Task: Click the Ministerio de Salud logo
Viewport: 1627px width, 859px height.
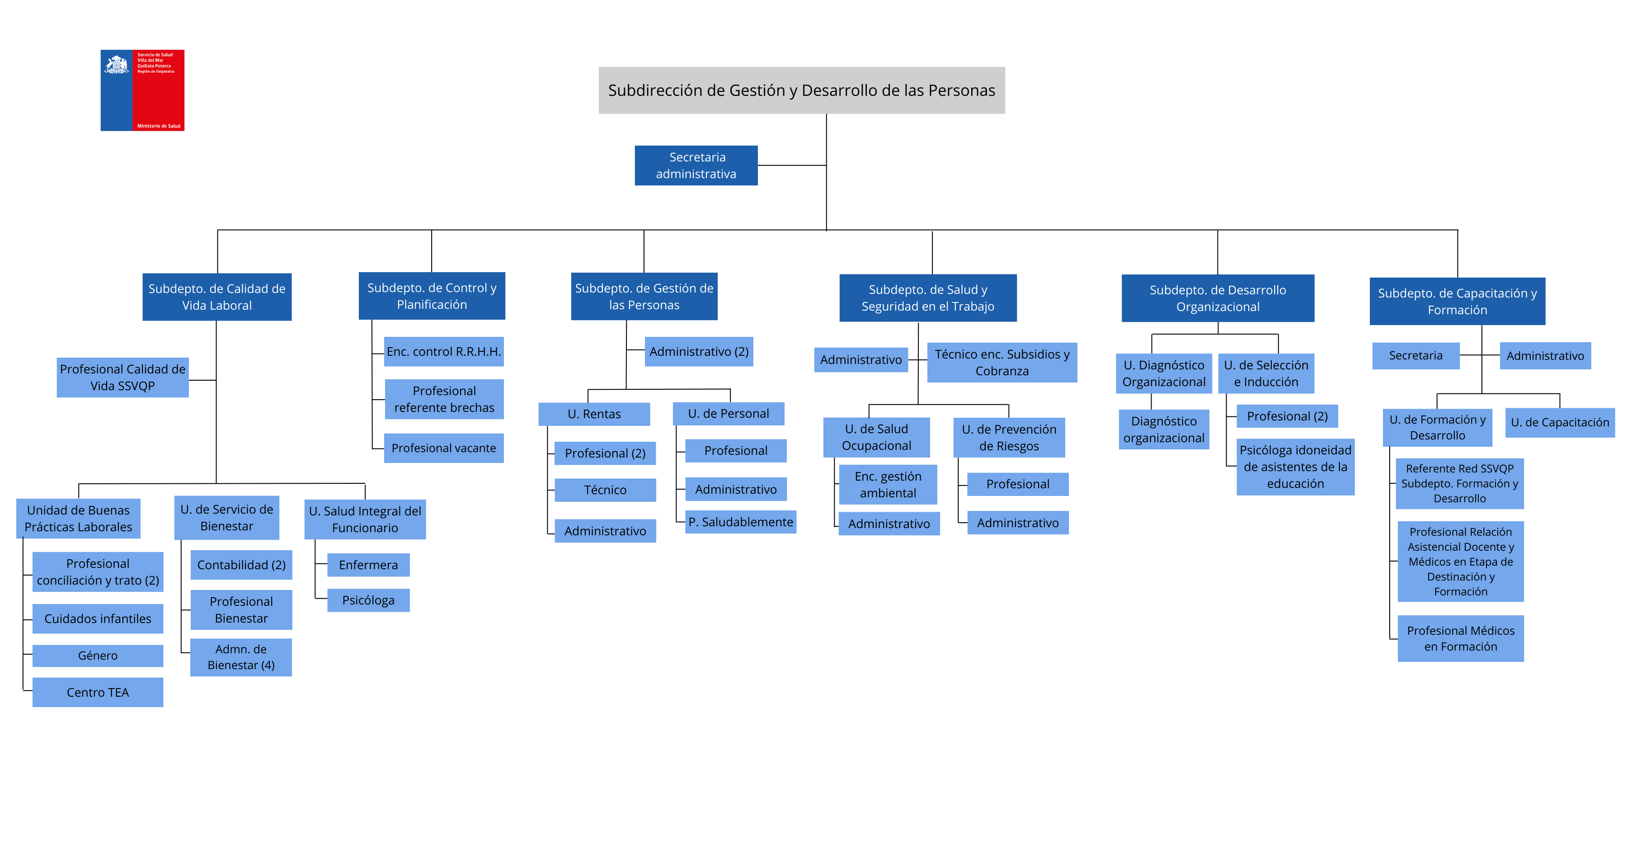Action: point(142,90)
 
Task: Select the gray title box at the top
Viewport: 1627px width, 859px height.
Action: point(801,90)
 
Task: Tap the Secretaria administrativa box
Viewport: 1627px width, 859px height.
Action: point(696,165)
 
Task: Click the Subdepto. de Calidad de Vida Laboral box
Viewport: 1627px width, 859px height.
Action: point(216,297)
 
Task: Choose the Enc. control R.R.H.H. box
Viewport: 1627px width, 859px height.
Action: point(443,352)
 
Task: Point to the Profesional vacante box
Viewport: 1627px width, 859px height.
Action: point(443,448)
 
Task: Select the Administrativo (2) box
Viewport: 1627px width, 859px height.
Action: point(699,352)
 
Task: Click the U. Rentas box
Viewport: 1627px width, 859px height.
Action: point(594,414)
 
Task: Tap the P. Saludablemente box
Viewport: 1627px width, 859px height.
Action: point(740,522)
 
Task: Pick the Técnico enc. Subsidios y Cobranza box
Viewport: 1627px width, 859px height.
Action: point(1002,363)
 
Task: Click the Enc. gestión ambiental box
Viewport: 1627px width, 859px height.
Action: point(888,485)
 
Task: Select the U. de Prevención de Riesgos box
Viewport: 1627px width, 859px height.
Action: point(1009,438)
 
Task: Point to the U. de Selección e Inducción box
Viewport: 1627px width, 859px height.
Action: point(1266,373)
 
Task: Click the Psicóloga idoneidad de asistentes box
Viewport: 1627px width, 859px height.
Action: point(1295,467)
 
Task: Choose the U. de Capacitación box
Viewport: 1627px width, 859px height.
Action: point(1559,423)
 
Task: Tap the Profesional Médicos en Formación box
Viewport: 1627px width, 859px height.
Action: point(1460,638)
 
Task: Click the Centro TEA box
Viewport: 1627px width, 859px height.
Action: point(98,692)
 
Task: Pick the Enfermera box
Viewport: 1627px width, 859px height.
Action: point(368,565)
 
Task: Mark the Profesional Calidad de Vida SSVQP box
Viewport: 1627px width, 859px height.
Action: point(122,378)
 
